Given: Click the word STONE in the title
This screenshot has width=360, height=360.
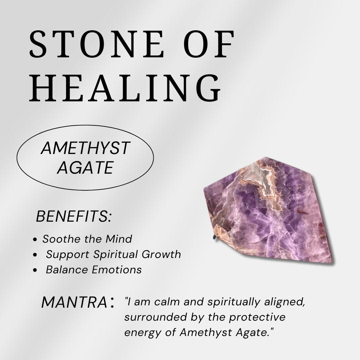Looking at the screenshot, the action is pos(96,44).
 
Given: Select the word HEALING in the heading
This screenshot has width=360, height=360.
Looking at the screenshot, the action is pos(125,88).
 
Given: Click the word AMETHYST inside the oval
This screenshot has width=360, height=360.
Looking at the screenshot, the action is pos(85,148).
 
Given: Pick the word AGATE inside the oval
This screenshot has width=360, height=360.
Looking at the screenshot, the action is pos(85,168).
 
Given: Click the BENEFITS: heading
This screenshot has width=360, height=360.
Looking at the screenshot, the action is pos(74,216).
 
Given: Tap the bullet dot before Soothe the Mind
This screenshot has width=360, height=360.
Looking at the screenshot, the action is pos(35,240).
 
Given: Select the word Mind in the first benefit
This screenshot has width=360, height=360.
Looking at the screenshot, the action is pos(119,239).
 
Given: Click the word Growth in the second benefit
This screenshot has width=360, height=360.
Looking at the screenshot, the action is pos(161,254).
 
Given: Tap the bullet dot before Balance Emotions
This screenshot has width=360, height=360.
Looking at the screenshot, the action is pos(35,270).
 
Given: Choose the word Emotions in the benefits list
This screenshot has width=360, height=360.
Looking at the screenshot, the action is pos(117,270).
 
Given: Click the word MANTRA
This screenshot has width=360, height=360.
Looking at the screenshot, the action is pos(74,302).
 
